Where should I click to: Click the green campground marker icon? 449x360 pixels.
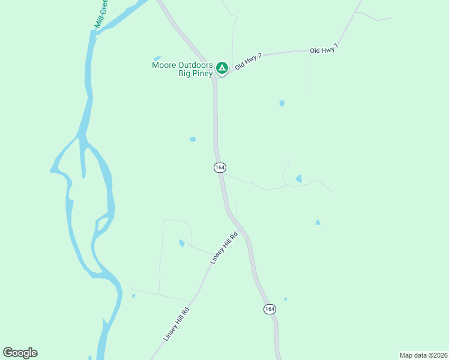pos(221,68)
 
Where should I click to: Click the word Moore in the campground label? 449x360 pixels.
pos(164,65)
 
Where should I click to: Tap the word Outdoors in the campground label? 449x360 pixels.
pos(196,65)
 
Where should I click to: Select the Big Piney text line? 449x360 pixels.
pos(195,74)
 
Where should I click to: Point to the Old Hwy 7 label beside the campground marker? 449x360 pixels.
pos(249,61)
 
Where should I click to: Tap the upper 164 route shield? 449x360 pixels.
pos(219,167)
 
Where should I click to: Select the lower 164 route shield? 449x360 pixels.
pos(270,308)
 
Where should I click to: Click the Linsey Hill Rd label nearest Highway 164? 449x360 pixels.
pos(224,248)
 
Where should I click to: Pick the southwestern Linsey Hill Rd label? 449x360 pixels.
pos(176,324)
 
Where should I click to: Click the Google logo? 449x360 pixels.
pos(20,353)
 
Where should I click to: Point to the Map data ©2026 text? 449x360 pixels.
pos(423,355)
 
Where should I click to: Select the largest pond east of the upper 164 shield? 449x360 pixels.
pos(298,179)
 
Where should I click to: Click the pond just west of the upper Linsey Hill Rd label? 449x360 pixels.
pos(182,243)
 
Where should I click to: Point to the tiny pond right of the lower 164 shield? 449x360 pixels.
pos(285,299)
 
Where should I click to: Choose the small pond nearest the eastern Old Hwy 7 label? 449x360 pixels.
pos(282,103)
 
